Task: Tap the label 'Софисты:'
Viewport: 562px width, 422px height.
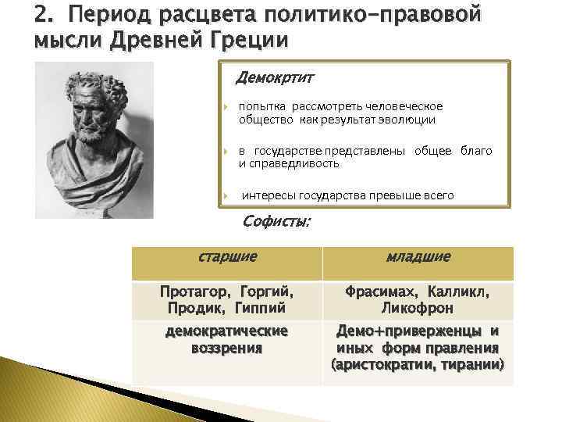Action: (x=276, y=222)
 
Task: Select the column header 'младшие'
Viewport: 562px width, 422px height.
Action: (x=418, y=256)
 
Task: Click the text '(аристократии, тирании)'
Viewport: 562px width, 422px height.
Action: (x=418, y=365)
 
